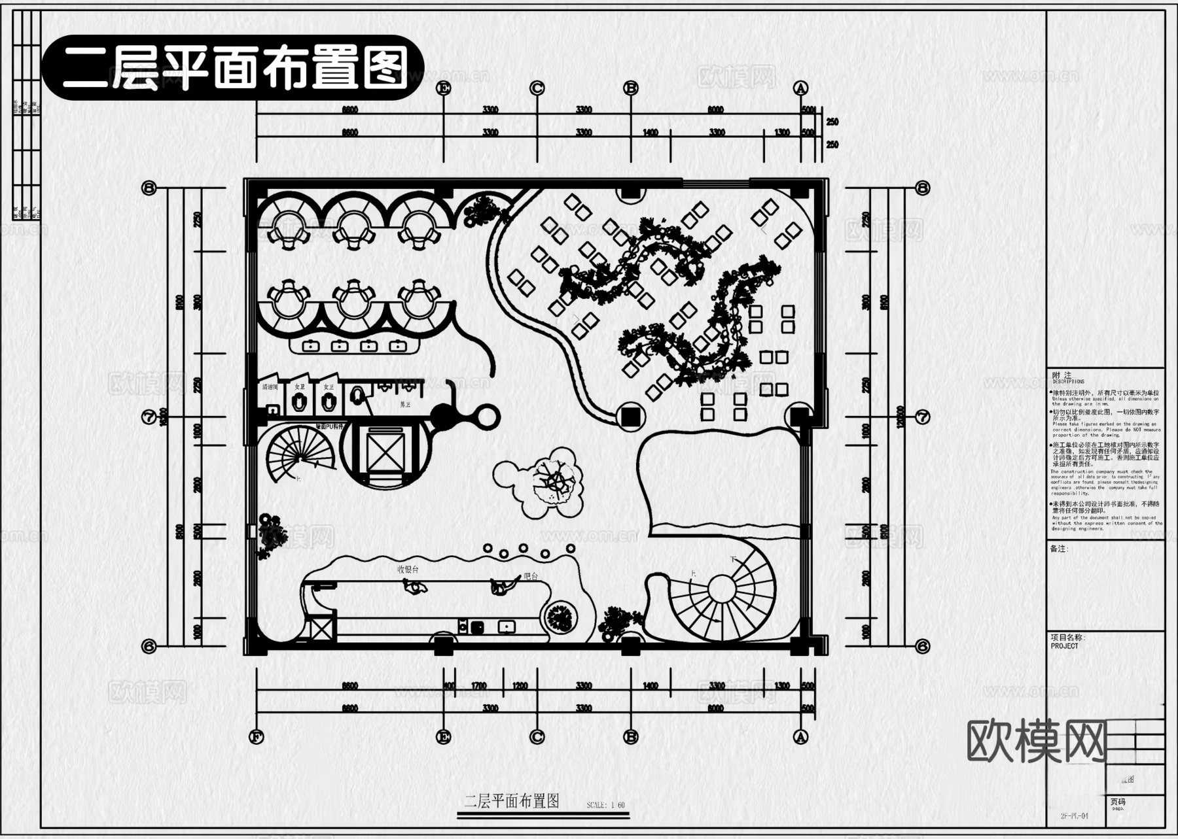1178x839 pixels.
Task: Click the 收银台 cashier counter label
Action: click(408, 569)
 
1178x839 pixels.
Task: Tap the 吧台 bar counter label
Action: click(530, 576)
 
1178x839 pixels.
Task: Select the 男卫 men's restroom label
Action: click(405, 405)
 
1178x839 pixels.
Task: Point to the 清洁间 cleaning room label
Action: click(270, 387)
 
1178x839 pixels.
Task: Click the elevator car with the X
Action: click(385, 452)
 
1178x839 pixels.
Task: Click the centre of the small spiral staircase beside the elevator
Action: click(300, 456)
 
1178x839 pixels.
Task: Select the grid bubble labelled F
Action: click(257, 738)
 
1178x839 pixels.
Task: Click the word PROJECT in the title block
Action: click(1064, 646)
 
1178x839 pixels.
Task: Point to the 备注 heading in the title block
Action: click(1059, 549)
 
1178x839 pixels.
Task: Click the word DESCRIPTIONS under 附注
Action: click(1068, 381)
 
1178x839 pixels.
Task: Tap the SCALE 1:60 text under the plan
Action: click(605, 805)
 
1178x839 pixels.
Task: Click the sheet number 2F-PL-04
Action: click(1074, 816)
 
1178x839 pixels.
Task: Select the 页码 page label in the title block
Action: click(1118, 801)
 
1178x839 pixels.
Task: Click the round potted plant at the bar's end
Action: click(561, 617)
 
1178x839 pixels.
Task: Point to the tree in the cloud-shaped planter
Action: click(557, 483)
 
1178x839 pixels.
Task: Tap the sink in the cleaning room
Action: click(272, 411)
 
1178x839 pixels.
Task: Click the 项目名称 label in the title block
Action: click(1067, 638)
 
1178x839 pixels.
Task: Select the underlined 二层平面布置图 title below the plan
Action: click(511, 802)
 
